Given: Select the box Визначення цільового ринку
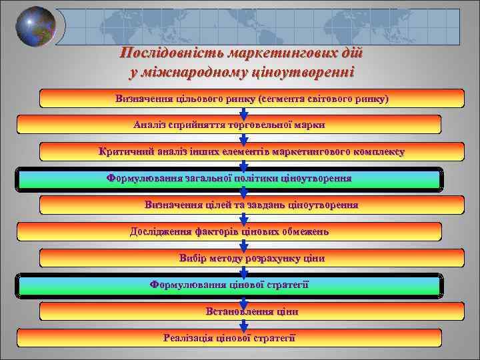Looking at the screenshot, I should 251,99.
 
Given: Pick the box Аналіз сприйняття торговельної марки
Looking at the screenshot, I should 229,125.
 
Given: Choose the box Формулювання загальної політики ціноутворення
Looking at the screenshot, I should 229,179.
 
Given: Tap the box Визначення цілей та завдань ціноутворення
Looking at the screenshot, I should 251,205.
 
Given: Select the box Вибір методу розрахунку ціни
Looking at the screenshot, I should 251,258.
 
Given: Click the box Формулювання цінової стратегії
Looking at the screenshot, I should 229,285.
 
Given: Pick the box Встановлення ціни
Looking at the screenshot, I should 251,311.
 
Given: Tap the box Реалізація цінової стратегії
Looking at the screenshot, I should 229,337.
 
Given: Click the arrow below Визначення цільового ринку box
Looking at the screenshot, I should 243,113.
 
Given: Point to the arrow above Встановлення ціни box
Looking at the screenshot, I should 243,300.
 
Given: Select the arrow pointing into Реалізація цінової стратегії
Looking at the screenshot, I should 243,325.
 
